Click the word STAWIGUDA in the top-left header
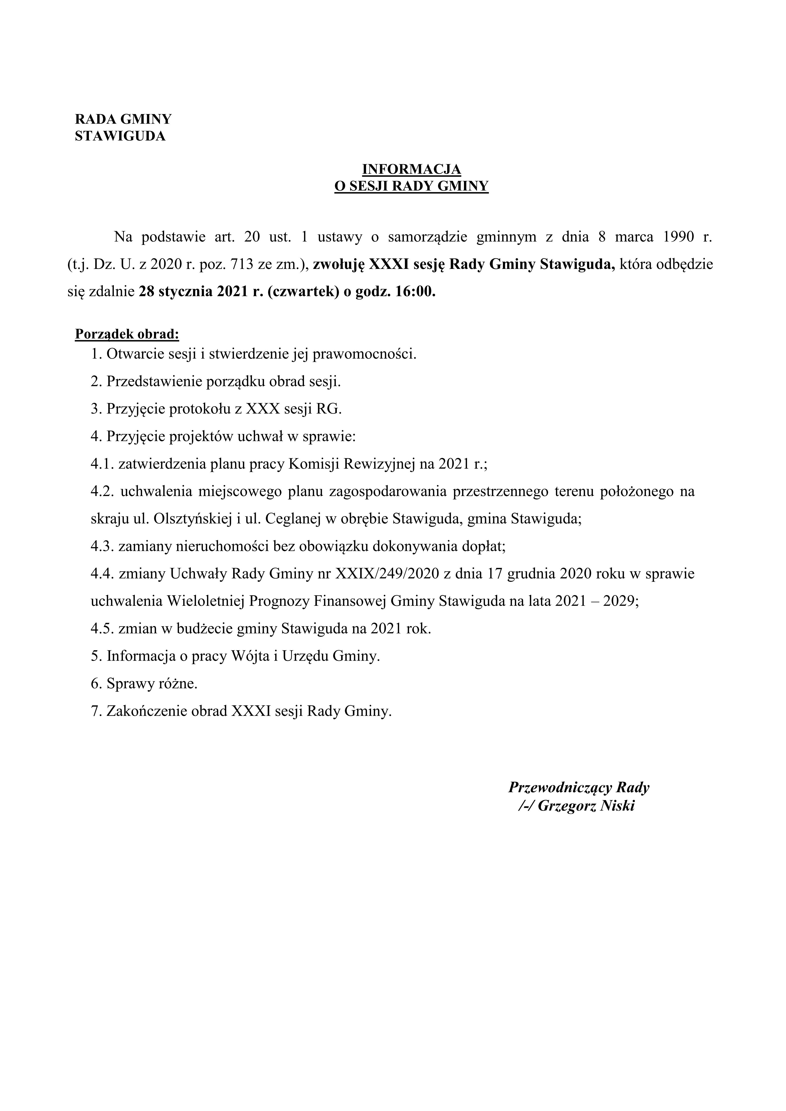coord(120,136)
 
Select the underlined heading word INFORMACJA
coord(412,169)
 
